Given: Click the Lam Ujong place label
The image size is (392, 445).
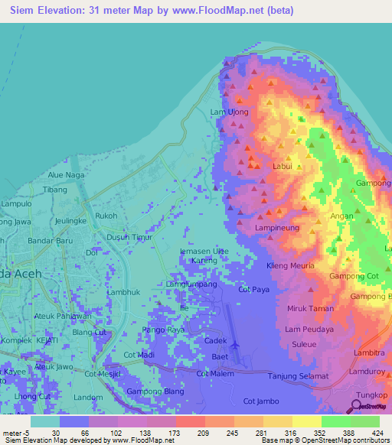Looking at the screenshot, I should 230,112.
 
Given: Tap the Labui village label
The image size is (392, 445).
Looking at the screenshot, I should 283,166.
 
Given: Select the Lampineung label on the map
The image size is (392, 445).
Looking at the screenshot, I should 276,228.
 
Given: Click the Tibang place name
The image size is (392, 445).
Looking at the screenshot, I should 55,189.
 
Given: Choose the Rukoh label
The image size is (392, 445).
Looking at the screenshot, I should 106,216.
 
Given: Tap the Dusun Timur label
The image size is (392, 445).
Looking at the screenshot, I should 129,237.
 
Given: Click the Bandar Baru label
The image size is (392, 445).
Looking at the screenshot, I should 50,242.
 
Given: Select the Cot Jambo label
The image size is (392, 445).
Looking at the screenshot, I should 260,401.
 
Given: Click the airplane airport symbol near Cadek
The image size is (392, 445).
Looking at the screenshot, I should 235,345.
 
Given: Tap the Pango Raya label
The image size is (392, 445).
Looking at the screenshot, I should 163,330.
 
